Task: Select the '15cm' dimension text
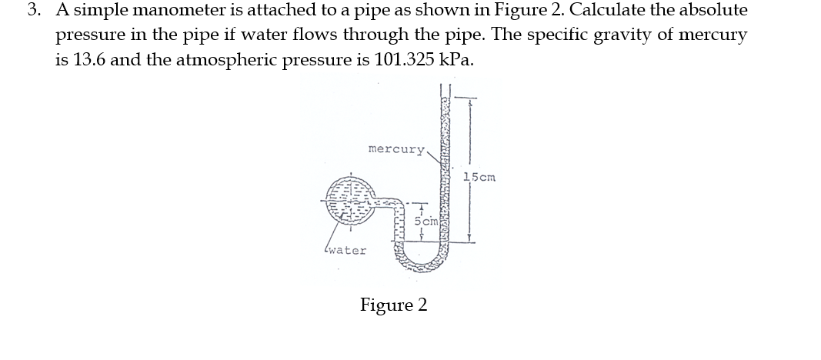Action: (479, 178)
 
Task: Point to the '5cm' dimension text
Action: (426, 221)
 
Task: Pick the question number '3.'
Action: (33, 11)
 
